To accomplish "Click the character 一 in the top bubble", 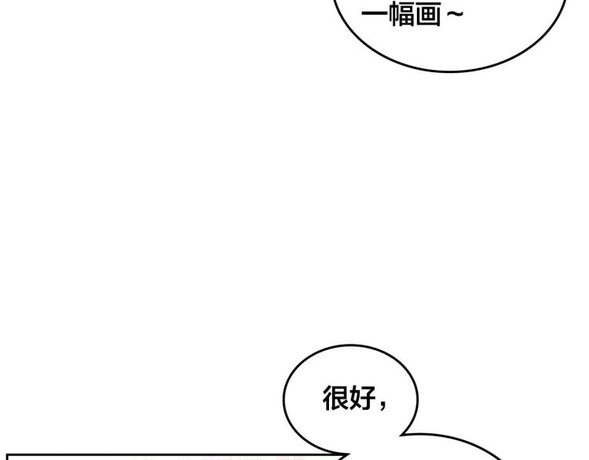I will point(373,15).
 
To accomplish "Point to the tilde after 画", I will point(454,15).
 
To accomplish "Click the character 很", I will point(335,399).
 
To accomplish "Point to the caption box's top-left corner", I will point(7,454).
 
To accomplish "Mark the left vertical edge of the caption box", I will point(7,458).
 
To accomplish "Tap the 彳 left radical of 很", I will point(327,399).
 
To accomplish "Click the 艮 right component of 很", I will point(340,399).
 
